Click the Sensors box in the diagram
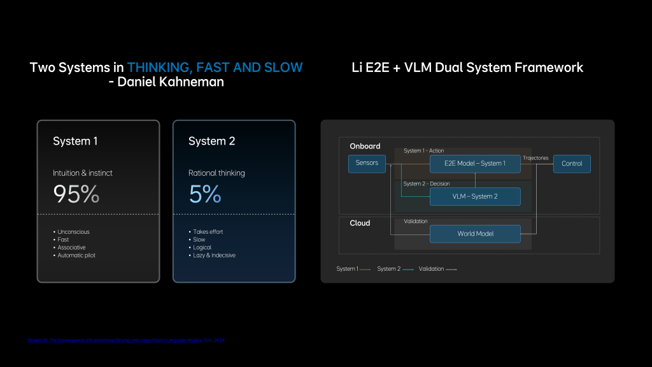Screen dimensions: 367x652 pyautogui.click(x=367, y=164)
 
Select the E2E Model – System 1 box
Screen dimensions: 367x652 pyautogui.click(x=475, y=164)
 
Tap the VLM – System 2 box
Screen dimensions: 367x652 pyautogui.click(x=475, y=196)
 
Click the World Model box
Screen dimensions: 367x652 pyautogui.click(x=475, y=234)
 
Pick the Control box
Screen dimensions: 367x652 pyautogui.click(x=572, y=164)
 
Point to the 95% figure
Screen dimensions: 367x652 pyautogui.click(x=76, y=194)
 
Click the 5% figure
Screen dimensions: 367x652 pyautogui.click(x=205, y=194)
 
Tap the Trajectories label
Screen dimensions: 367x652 pyautogui.click(x=535, y=158)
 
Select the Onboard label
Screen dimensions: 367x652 pyautogui.click(x=365, y=147)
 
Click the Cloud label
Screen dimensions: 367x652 pyautogui.click(x=360, y=223)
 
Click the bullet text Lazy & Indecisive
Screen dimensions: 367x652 pyautogui.click(x=214, y=255)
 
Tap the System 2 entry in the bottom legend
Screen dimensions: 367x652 pyautogui.click(x=388, y=269)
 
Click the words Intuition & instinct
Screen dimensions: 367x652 pyautogui.click(x=83, y=173)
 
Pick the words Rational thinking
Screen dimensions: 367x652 pyautogui.click(x=216, y=173)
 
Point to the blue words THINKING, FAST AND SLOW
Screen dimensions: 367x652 pyautogui.click(x=215, y=68)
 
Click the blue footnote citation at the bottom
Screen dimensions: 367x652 pyautogui.click(x=125, y=340)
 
